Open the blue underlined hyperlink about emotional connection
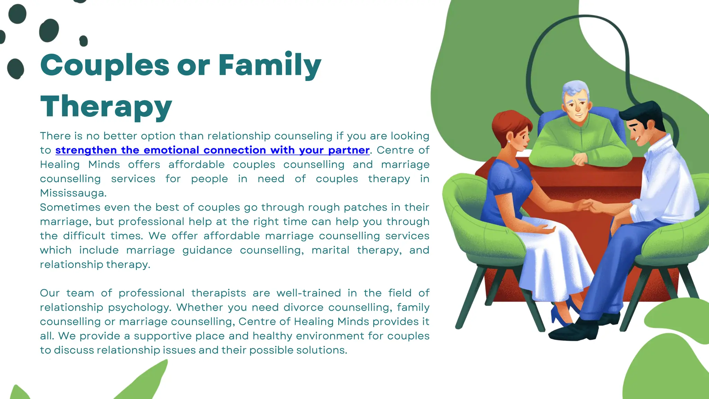coord(212,150)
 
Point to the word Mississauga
coord(73,193)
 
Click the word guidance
coord(207,250)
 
